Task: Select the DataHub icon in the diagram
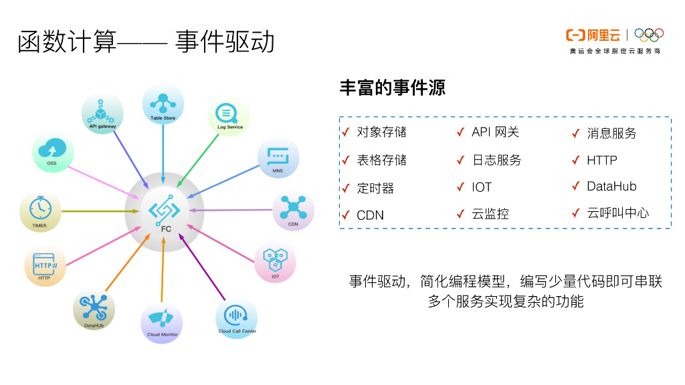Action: (94, 307)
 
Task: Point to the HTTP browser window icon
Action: (45, 265)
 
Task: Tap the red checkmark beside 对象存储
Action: (345, 132)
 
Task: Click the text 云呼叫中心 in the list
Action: (617, 213)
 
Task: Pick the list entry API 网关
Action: (495, 132)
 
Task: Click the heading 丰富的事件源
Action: (393, 88)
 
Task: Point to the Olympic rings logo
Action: (648, 34)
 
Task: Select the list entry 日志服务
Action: (496, 160)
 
